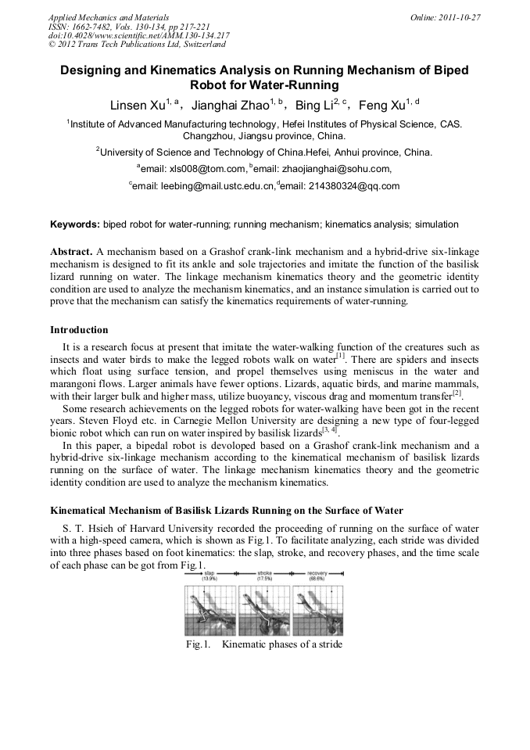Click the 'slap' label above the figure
click(211, 573)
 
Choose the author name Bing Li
click(313, 106)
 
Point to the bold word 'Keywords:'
click(75, 224)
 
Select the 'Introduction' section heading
click(79, 330)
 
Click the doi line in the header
click(138, 35)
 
